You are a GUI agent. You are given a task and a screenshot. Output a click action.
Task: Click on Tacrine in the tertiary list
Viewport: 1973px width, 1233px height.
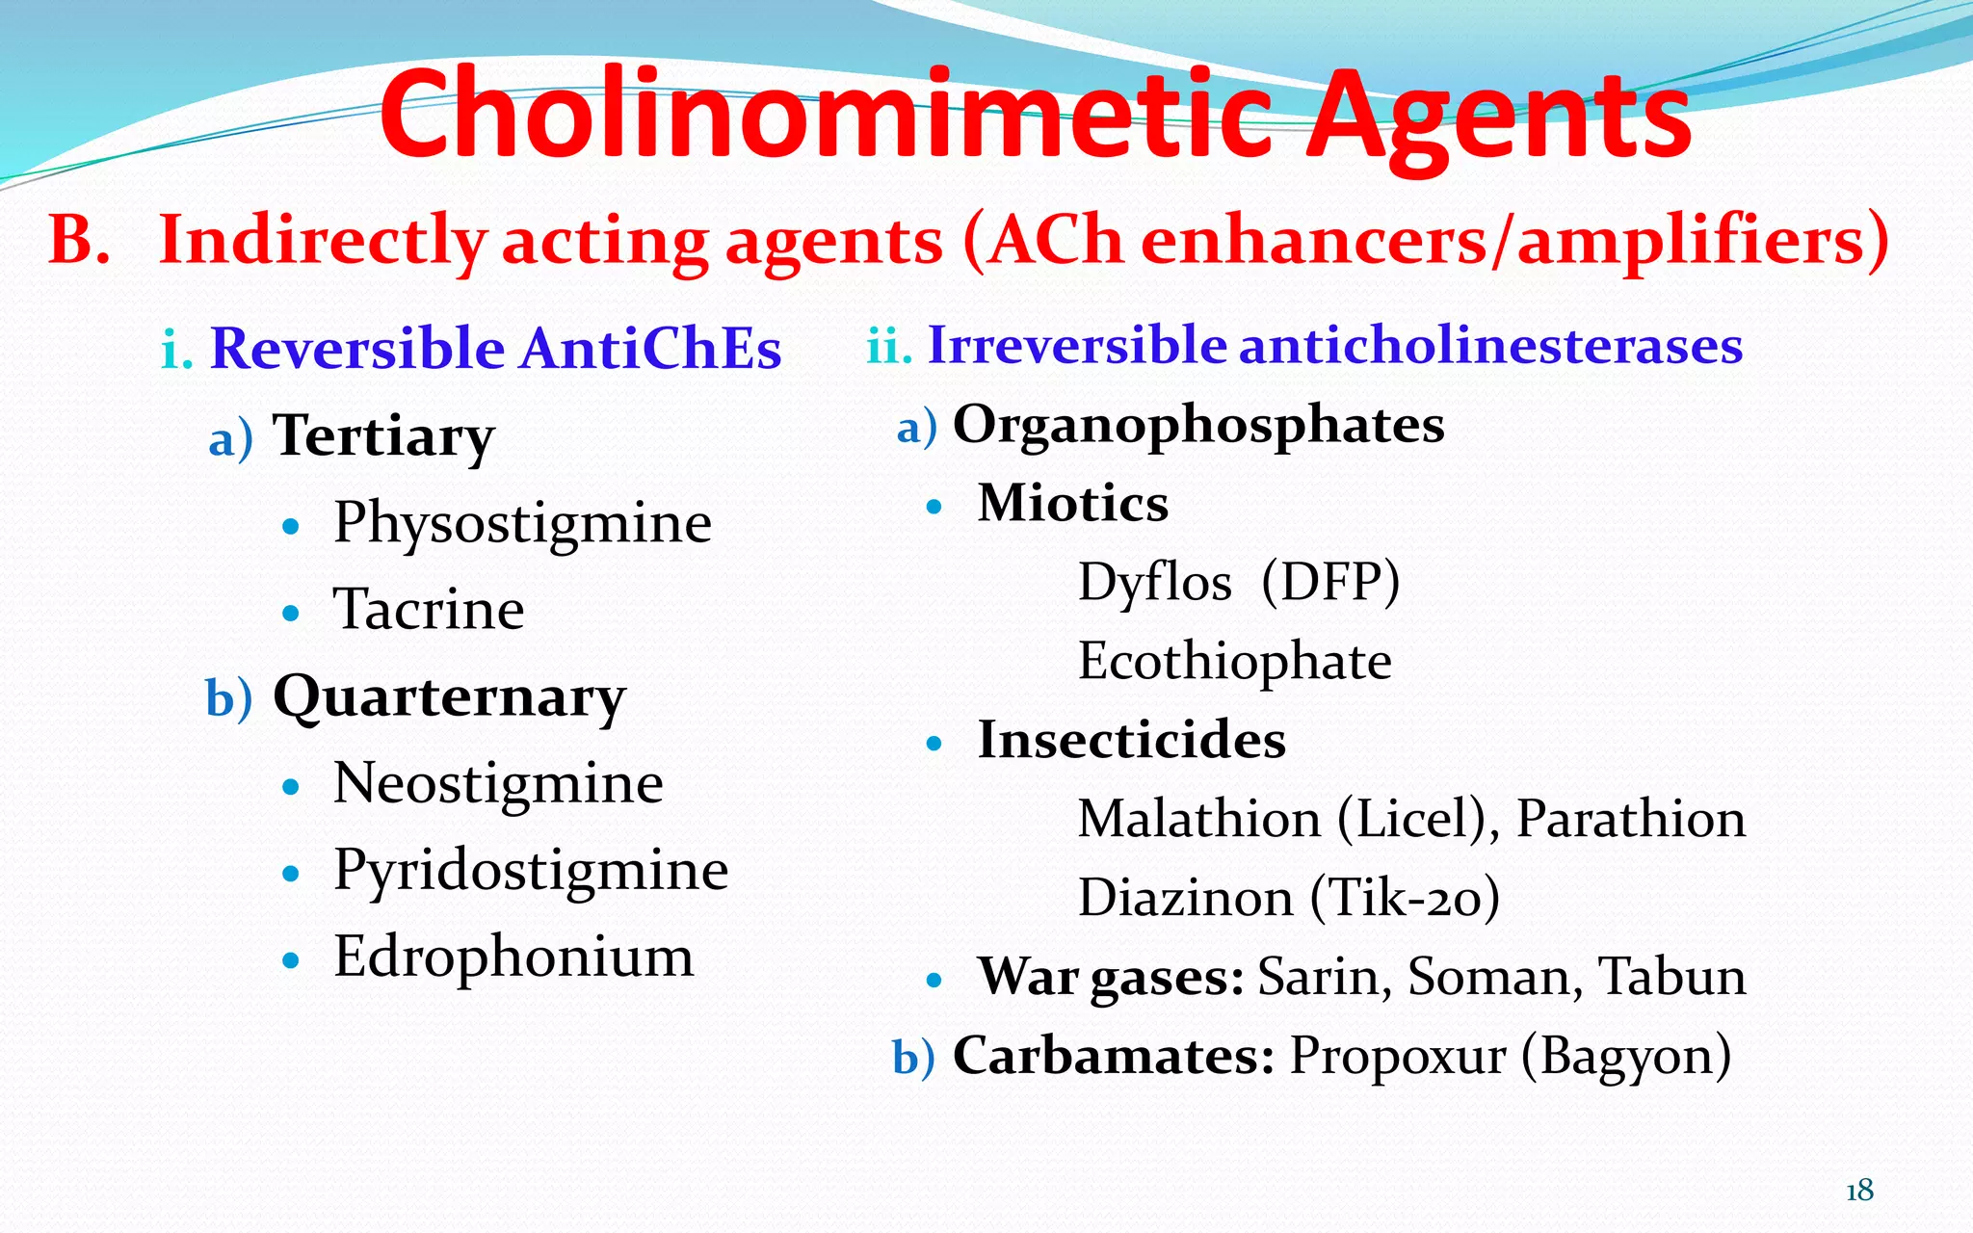tap(429, 610)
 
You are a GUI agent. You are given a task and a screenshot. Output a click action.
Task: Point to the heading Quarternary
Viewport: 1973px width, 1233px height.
tap(449, 697)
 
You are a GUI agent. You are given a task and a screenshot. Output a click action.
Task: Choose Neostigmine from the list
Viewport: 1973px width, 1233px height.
tap(498, 783)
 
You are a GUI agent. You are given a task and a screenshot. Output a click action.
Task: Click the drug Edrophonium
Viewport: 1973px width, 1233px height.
tap(513, 957)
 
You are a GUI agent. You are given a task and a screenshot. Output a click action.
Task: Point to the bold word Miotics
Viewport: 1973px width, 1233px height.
tap(1073, 504)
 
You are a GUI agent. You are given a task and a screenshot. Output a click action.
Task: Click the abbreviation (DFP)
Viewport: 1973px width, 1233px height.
tap(1330, 582)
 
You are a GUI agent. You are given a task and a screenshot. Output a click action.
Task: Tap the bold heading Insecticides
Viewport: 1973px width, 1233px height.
tap(1132, 741)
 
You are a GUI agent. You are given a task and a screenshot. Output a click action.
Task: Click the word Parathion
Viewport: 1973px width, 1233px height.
tap(1630, 820)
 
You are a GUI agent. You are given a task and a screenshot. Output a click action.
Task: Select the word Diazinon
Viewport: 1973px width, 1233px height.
tap(1185, 898)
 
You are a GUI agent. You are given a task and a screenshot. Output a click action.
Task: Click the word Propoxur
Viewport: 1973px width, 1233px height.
tap(1398, 1056)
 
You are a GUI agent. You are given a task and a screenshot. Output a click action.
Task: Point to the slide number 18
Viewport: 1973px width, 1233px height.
tap(1859, 1192)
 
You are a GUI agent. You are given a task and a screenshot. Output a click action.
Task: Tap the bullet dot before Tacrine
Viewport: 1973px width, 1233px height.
tap(291, 613)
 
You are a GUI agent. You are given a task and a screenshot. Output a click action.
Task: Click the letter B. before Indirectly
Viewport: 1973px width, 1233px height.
tap(79, 240)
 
